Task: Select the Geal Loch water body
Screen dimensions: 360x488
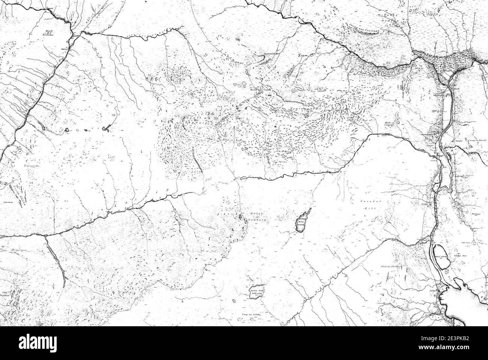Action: [x=440, y=257]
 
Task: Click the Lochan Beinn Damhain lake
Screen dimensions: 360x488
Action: [x=302, y=223]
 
